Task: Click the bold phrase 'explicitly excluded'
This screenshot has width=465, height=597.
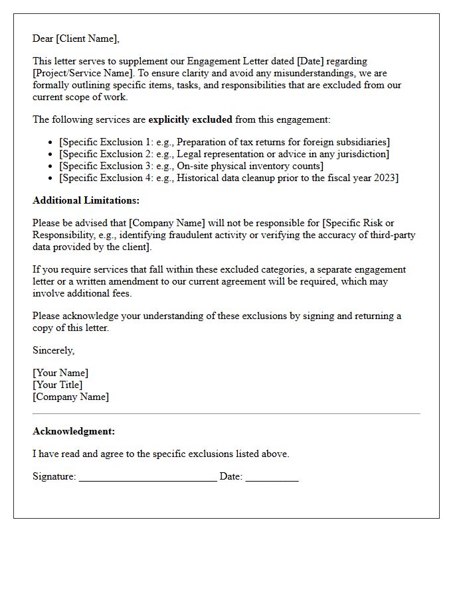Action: coord(190,119)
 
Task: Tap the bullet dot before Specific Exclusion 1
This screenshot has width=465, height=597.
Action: coord(51,143)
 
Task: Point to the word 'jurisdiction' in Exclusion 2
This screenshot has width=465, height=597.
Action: coord(361,154)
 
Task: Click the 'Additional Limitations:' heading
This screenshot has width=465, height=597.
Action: coord(86,200)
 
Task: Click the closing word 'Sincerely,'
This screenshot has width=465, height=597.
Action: coord(54,350)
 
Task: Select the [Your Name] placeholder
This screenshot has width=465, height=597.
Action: coord(60,373)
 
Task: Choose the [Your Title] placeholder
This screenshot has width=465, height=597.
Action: coord(58,385)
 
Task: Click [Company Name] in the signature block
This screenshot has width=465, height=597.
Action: coord(71,397)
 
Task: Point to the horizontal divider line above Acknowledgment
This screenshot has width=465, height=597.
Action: coord(226,414)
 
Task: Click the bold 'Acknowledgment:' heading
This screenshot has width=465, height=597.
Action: coord(74,431)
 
